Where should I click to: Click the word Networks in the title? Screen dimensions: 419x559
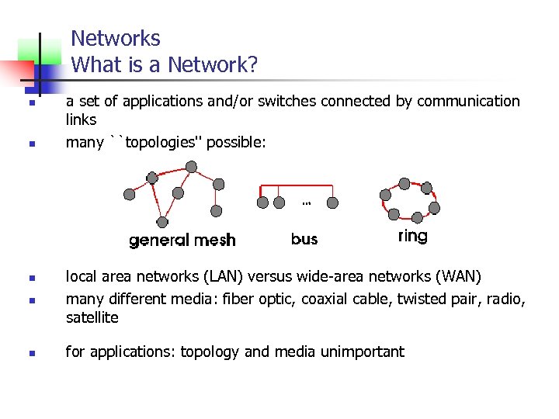pyautogui.click(x=116, y=39)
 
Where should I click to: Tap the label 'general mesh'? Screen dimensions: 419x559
pyautogui.click(x=182, y=240)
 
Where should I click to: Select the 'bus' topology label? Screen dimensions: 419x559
pyautogui.click(x=304, y=239)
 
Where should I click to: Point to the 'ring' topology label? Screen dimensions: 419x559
pyautogui.click(x=412, y=236)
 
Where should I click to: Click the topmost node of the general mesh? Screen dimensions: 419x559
pyautogui.click(x=191, y=166)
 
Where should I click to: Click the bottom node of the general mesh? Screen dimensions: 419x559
pyautogui.click(x=161, y=223)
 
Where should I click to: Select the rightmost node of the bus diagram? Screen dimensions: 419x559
pyautogui.click(x=332, y=203)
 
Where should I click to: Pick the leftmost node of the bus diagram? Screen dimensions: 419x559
pyautogui.click(x=263, y=203)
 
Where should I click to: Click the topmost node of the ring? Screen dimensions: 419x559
pyautogui.click(x=404, y=183)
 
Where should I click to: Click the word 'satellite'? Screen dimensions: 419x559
pyautogui.click(x=92, y=317)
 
